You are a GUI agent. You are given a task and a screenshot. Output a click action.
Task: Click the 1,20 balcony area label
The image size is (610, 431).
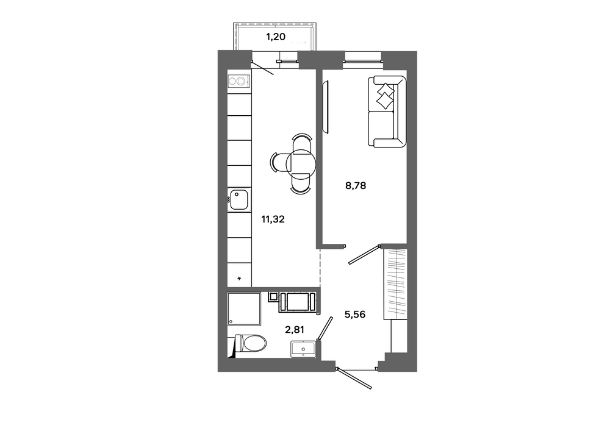tap(276, 37)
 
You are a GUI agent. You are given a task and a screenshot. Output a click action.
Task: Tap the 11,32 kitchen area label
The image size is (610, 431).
tap(273, 219)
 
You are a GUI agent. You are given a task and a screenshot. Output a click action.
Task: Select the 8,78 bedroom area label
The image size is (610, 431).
tap(356, 186)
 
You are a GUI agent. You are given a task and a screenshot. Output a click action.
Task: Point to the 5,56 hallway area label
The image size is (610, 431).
tap(355, 314)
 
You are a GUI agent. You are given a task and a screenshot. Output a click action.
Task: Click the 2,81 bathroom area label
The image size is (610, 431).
tap(295, 330)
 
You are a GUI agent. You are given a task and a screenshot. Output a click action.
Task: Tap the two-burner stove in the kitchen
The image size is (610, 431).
tap(238, 81)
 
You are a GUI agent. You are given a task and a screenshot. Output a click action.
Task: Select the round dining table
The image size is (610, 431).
tap(301, 162)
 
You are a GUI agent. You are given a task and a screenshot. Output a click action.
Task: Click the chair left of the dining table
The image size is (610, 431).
tap(279, 162)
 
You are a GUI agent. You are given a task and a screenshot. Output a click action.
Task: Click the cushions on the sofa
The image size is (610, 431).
tap(385, 96)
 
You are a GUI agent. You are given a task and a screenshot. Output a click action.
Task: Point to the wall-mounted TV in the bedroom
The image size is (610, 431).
tap(326, 106)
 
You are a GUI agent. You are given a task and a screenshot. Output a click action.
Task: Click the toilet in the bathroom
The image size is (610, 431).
tap(249, 343)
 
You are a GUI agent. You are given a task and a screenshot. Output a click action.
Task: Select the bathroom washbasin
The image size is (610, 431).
tap(303, 349)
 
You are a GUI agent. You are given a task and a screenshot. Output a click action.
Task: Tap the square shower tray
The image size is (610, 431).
tap(244, 309)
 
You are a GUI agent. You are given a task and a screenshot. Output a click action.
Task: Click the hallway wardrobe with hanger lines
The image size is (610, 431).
tap(395, 283)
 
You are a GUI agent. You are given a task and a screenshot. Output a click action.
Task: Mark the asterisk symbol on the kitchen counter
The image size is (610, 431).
tap(239, 278)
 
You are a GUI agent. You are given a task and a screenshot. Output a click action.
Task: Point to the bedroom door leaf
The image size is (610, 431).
tap(364, 255)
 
